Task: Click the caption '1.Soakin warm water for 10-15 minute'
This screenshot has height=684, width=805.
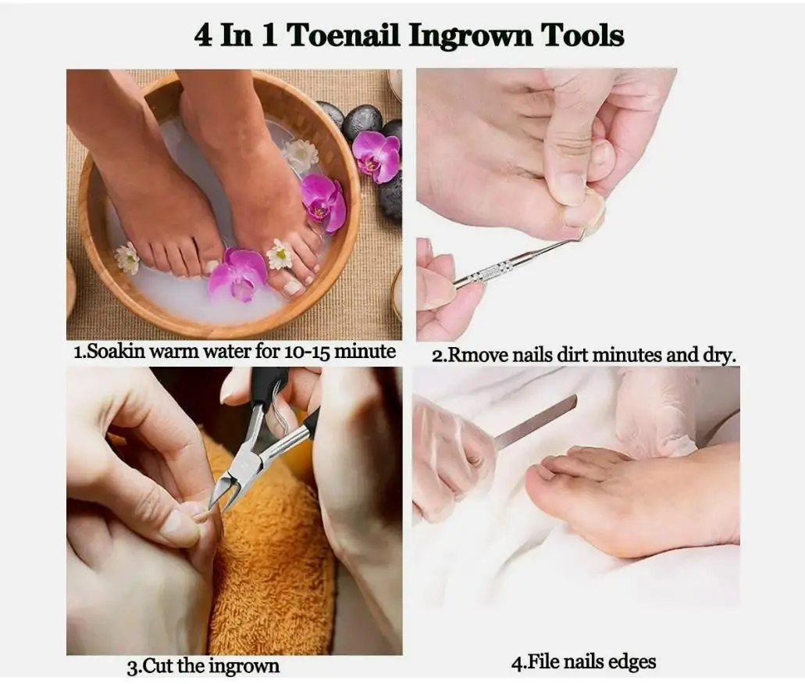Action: coord(234,352)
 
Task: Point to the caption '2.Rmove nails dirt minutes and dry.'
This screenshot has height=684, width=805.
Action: coord(584,355)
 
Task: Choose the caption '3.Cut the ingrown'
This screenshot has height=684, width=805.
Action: coord(203,667)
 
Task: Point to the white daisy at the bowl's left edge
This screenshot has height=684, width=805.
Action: coord(126,258)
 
